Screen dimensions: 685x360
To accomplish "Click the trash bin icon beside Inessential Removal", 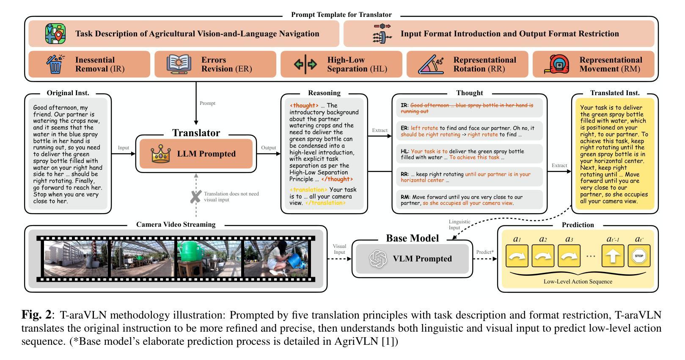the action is (55, 64).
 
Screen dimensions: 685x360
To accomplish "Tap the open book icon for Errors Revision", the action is (179, 64).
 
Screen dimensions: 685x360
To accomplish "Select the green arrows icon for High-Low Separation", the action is (305, 64).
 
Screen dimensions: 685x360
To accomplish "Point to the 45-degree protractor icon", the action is (431, 64).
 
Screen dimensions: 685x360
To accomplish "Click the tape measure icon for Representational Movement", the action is (557, 64).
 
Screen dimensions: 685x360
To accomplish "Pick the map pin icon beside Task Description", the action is (55, 34).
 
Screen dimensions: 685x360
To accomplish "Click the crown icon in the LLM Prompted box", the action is (161, 154).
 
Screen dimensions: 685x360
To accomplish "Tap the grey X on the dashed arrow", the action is (196, 197).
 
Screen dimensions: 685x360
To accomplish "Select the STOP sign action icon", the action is (639, 256).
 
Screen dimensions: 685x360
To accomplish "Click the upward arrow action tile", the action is (613, 256).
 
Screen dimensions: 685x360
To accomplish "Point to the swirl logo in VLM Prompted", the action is (378, 259).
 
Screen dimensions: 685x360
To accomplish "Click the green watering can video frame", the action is (209, 259).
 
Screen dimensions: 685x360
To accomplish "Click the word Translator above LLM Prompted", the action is (196, 133).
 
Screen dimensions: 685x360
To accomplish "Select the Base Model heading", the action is (412, 238).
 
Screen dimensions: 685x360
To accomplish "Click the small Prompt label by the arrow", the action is (207, 103).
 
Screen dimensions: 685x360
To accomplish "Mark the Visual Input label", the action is (339, 249).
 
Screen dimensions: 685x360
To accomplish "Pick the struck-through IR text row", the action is (467, 108).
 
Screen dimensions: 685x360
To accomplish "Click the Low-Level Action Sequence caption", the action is (578, 281).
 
